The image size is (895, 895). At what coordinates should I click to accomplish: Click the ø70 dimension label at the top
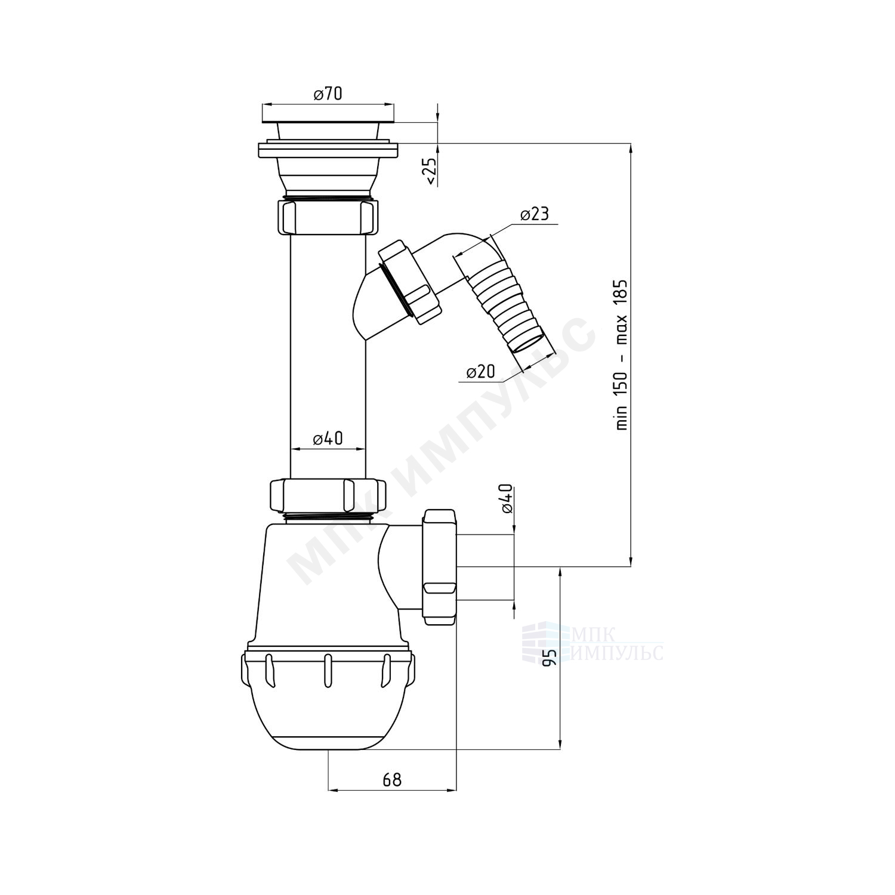tap(328, 94)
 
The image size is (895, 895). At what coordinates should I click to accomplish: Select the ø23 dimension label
tap(534, 214)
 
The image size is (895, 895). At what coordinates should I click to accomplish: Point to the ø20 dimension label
tap(480, 371)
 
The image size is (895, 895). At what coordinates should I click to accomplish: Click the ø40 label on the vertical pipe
tap(328, 439)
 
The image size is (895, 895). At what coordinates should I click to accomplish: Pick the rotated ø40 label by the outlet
tap(507, 498)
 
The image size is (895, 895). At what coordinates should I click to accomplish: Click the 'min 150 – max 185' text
tap(622, 354)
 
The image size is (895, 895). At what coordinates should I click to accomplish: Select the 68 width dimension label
tap(392, 779)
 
